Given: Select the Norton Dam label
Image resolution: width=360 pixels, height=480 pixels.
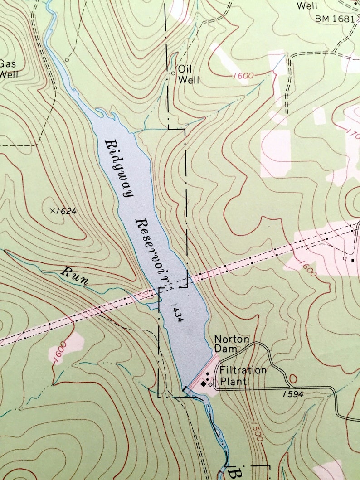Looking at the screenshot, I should pos(232,344).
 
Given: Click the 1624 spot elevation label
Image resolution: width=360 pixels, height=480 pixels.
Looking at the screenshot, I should pos(66,211).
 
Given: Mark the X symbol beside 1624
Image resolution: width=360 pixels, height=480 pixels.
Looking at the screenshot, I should pos(53,210).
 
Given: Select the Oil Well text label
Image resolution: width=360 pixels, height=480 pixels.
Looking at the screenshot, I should pos(188,75).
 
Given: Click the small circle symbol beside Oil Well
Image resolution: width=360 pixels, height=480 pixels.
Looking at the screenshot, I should pos(173,73).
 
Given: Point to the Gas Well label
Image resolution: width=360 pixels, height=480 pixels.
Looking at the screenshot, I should pos(8,68).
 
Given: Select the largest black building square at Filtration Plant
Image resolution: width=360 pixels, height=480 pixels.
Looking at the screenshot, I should pos(204,383).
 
